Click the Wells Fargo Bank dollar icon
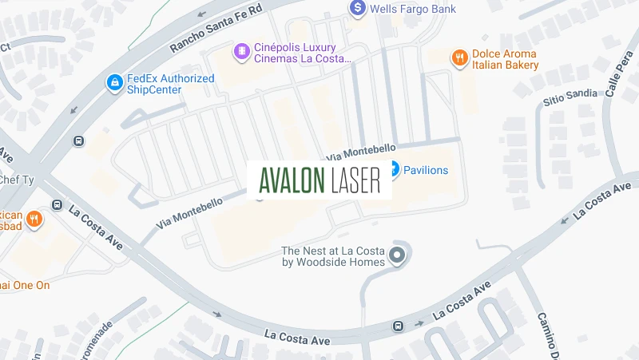[x=359, y=8]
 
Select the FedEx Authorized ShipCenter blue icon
[x=114, y=82]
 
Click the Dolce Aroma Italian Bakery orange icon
[x=458, y=57]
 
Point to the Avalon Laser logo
[x=319, y=180]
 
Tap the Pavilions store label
[x=425, y=170]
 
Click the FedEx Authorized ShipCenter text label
[x=170, y=84]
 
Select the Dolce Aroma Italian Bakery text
[x=505, y=60]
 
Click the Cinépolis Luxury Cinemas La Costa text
[x=302, y=53]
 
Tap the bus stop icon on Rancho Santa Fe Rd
[x=78, y=140]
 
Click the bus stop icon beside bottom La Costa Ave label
[x=399, y=326]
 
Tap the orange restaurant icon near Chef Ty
[x=34, y=218]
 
